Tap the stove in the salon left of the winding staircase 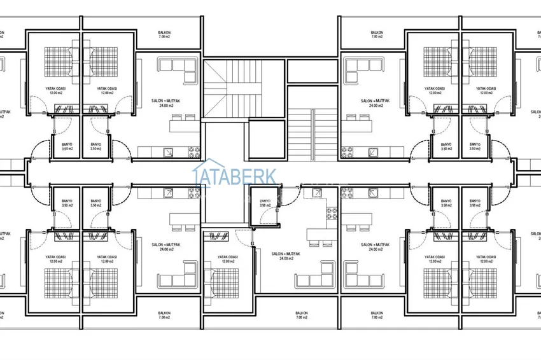click(193, 152)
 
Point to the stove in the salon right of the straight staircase click(347, 152)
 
